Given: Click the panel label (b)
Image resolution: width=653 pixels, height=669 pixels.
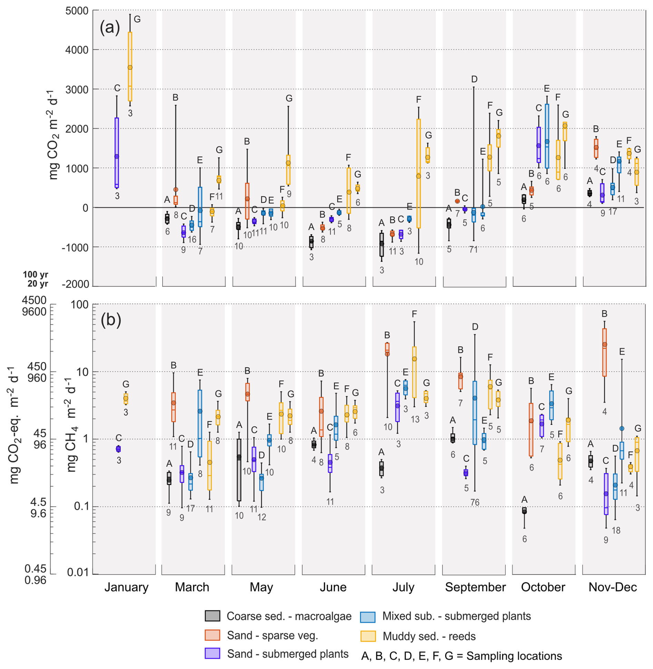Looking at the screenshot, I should pyautogui.click(x=110, y=320).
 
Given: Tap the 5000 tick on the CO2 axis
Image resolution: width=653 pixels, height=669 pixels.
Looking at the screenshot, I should pyautogui.click(x=77, y=11).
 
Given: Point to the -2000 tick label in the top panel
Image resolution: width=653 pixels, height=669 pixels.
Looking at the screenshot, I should pyautogui.click(x=75, y=284).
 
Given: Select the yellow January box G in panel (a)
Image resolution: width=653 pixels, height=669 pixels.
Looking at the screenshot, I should pyautogui.click(x=130, y=66).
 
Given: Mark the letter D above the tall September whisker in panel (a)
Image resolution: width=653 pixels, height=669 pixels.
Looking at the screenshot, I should pyautogui.click(x=474, y=79).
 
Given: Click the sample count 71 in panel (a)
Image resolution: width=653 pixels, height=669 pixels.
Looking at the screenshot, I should pyautogui.click(x=473, y=249).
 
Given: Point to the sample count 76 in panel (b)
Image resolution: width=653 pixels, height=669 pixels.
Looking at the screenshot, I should pyautogui.click(x=475, y=503).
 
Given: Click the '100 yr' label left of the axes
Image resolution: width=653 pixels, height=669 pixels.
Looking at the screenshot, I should pyautogui.click(x=36, y=274).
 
